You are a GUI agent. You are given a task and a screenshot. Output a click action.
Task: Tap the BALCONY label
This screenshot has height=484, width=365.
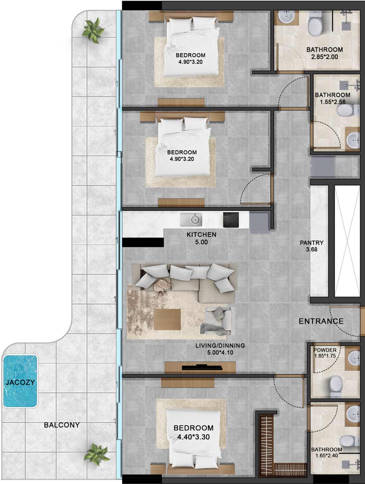(x=62, y=425)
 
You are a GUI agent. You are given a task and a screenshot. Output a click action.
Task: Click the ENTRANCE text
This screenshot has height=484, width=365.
(x=321, y=321)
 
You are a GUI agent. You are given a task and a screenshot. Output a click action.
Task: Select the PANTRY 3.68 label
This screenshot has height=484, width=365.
(x=312, y=246)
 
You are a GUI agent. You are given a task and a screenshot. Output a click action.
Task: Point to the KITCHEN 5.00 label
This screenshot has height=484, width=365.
(x=201, y=239)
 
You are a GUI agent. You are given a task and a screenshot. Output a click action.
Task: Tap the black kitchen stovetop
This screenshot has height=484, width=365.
(x=231, y=220)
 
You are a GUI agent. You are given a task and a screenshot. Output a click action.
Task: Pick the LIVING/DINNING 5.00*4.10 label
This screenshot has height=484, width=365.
(x=220, y=349)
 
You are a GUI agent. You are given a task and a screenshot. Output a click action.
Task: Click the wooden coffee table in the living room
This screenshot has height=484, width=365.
(x=168, y=319)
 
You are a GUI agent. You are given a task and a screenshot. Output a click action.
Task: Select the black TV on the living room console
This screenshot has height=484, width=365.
(x=202, y=367)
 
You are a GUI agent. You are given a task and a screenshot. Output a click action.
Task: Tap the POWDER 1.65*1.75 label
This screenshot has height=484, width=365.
(x=325, y=353)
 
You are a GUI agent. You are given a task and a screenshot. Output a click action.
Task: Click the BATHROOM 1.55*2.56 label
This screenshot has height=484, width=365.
(x=332, y=98)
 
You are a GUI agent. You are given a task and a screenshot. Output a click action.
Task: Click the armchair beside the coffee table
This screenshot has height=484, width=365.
(x=217, y=320)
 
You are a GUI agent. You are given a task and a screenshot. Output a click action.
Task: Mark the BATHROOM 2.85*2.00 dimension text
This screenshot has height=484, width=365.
(x=325, y=57)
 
